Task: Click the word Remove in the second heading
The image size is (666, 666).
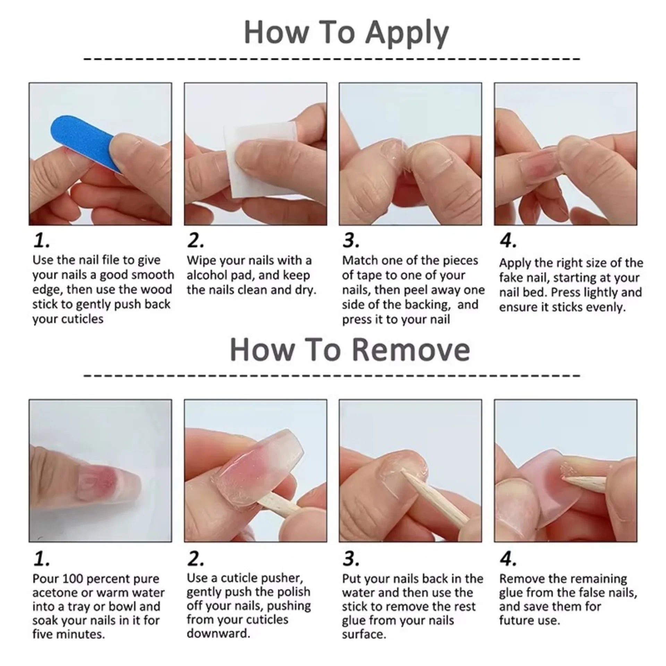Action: pyautogui.click(x=411, y=350)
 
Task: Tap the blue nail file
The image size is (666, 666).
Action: pyautogui.click(x=82, y=139)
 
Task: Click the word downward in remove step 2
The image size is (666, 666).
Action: pyautogui.click(x=218, y=634)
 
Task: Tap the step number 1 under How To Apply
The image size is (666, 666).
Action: pyautogui.click(x=41, y=240)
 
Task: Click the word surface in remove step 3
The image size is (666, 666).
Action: pyautogui.click(x=364, y=634)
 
